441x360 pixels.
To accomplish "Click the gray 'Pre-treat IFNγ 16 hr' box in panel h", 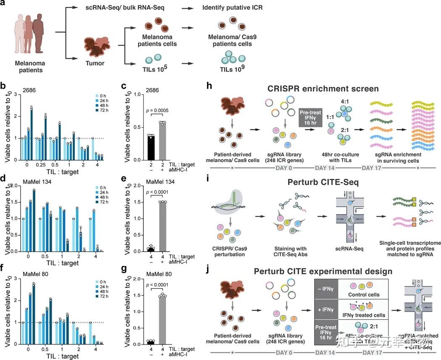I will [x=312, y=118].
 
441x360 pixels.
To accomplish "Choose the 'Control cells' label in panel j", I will [x=365, y=294].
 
